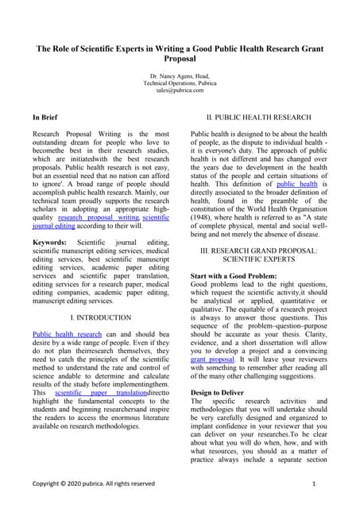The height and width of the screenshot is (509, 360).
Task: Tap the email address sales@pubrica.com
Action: [x=180, y=90]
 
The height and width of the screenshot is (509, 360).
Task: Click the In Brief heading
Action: [x=45, y=117]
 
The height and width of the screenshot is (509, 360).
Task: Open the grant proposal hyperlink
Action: [x=212, y=359]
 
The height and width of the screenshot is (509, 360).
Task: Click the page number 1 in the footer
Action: [x=314, y=483]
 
